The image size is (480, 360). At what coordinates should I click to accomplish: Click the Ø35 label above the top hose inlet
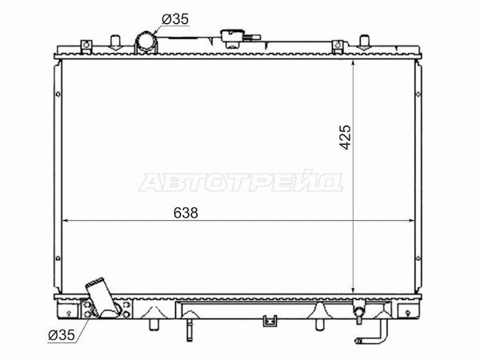point(175,19)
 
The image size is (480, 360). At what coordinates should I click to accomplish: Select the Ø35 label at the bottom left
point(62,335)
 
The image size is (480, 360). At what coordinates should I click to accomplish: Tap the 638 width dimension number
point(186,213)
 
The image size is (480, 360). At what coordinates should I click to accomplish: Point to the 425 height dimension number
point(346,137)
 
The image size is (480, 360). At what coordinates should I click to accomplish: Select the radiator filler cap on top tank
point(237,38)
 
